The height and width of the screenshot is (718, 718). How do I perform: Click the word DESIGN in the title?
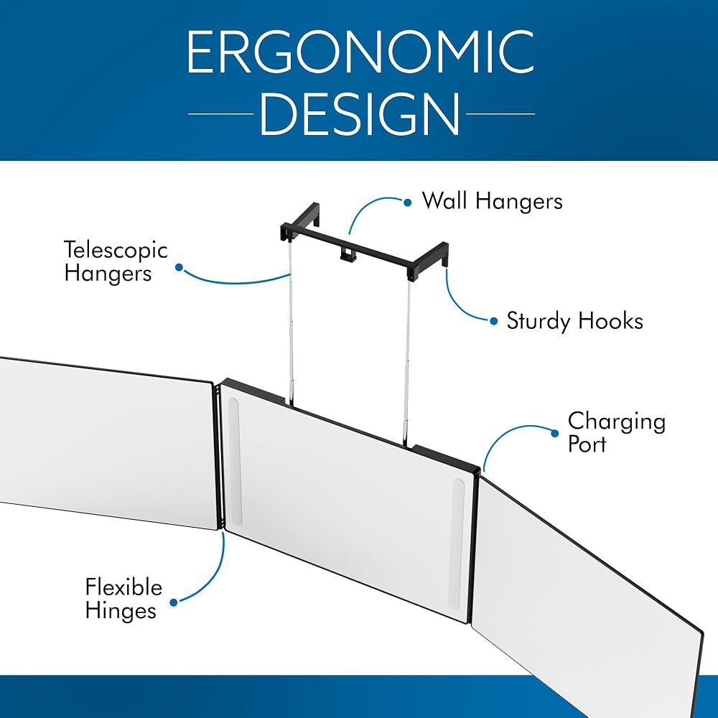[360, 113]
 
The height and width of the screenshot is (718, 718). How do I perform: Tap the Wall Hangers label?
[493, 202]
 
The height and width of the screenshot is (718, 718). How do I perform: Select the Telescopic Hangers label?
[116, 261]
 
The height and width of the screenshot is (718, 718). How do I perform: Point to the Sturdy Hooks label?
[574, 321]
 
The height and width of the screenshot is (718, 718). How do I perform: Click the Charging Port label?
[616, 432]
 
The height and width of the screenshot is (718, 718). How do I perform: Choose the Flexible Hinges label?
[123, 599]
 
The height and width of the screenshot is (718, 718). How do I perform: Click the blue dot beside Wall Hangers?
[408, 202]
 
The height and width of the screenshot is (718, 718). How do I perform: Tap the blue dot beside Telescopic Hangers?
[179, 267]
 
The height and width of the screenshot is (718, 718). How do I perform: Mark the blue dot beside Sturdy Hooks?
[494, 321]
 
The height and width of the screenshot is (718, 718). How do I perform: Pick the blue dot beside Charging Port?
[555, 433]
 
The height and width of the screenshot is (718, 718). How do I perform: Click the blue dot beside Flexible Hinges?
[174, 602]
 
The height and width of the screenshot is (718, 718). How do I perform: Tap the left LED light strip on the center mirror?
[234, 461]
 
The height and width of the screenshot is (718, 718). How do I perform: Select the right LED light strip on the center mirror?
[458, 544]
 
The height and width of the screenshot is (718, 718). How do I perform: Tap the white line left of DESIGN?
[220, 113]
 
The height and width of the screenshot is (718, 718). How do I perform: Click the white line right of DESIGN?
[500, 113]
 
